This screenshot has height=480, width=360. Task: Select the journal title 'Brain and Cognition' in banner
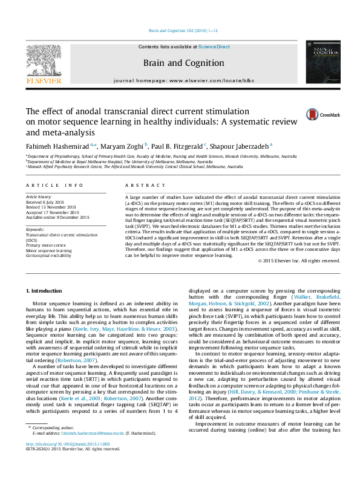point(183,63)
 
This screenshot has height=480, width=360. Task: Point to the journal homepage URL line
point(183,80)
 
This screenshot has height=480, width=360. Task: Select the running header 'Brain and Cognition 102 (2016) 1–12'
point(183,30)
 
